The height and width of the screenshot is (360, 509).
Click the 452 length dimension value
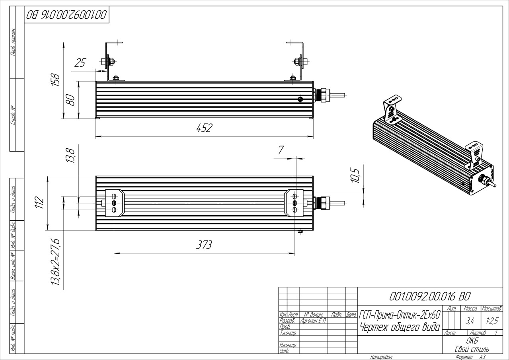pos(204,128)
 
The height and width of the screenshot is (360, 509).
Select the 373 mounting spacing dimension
pos(204,245)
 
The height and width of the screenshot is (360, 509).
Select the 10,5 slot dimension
pos(356,175)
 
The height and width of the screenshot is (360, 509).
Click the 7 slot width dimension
pos(281,150)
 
